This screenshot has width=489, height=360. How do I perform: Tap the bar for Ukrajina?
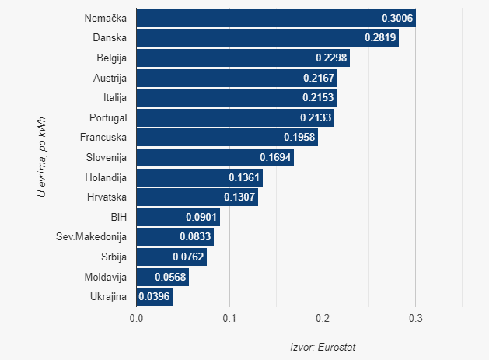tap(154, 296)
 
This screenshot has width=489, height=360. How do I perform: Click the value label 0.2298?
tap(332, 58)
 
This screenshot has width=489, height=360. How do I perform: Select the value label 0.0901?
tap(202, 217)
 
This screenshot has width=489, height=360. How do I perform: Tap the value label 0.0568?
tap(170, 276)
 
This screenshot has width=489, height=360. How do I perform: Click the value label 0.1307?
tap(239, 197)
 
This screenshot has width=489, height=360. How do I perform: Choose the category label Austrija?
tap(109, 78)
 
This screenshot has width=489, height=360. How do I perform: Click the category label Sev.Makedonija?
tap(92, 236)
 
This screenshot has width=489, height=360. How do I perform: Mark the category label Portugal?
tap(107, 117)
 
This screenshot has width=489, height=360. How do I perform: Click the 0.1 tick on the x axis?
tap(229, 318)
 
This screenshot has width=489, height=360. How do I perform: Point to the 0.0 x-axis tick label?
tap(137, 318)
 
